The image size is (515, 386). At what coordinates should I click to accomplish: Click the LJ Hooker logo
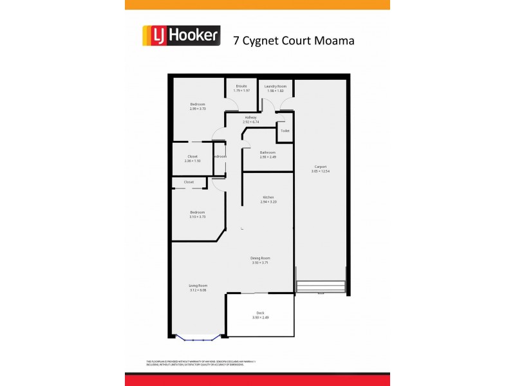click(x=181, y=35)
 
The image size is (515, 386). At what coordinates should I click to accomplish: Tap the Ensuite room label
click(x=241, y=86)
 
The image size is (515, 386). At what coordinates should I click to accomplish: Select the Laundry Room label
click(x=275, y=86)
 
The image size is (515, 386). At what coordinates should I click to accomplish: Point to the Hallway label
click(x=250, y=117)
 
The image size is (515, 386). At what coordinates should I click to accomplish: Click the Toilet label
click(x=285, y=131)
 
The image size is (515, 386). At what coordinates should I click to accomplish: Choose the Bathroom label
click(x=267, y=152)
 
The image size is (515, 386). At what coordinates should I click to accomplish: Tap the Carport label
click(x=320, y=166)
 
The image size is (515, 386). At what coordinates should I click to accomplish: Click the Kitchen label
click(x=268, y=197)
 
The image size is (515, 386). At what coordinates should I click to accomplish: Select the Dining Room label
click(x=259, y=258)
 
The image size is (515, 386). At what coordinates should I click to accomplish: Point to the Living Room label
click(x=198, y=285)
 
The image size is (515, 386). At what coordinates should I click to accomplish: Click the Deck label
click(x=260, y=313)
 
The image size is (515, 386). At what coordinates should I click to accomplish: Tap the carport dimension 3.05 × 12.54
click(x=320, y=171)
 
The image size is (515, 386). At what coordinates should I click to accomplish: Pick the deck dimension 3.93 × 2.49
click(x=260, y=318)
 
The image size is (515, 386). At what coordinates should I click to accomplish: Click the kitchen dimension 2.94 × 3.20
click(x=268, y=202)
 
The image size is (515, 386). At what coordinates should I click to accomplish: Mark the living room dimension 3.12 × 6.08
click(x=198, y=290)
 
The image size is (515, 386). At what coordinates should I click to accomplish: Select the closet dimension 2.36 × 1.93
click(x=192, y=161)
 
